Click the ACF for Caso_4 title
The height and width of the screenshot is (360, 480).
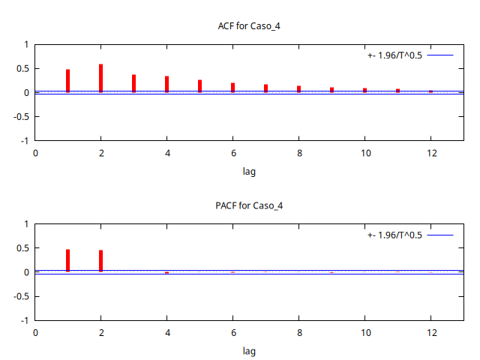[x=249, y=26]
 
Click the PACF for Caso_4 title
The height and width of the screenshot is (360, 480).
[x=249, y=205]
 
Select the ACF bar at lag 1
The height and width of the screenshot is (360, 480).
[x=67, y=81]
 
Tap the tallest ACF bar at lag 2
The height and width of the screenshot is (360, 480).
[x=100, y=78]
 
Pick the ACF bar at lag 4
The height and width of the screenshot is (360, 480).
[x=166, y=84]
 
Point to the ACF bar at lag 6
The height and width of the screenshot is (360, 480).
[x=232, y=88]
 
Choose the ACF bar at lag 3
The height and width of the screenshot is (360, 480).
[x=133, y=83]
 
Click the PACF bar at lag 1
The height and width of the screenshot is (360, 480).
[x=67, y=260]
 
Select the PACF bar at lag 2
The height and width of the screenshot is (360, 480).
[x=100, y=260]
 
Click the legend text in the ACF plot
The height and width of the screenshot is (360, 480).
[x=394, y=55]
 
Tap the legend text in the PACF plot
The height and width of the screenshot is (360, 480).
[x=394, y=235]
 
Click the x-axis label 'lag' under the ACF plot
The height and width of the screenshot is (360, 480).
[x=249, y=172]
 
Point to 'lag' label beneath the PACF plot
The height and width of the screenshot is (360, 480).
[x=249, y=351]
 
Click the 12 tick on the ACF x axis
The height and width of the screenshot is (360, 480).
[x=430, y=153]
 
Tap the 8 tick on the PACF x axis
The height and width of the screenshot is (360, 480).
[x=298, y=332]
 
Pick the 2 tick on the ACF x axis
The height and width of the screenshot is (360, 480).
[x=100, y=153]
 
